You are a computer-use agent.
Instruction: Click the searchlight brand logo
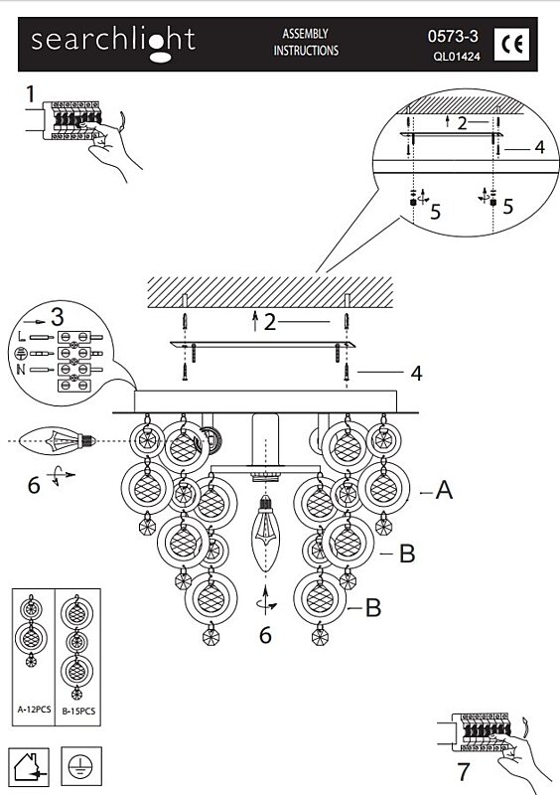(x=113, y=44)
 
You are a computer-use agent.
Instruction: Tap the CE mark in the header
(x=512, y=45)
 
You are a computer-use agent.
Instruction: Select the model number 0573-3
(x=453, y=37)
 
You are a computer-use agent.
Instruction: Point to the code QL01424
(x=456, y=57)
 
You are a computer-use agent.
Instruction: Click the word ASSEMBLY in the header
(x=305, y=34)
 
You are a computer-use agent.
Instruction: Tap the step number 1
(x=31, y=94)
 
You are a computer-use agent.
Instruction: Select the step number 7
(x=464, y=772)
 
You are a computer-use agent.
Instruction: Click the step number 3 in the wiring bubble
(x=58, y=317)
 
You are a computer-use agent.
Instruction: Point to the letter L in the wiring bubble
(x=21, y=337)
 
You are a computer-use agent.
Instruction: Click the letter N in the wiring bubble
(x=21, y=369)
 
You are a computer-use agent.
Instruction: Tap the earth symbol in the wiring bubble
(x=21, y=354)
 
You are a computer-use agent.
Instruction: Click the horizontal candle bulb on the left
(x=58, y=440)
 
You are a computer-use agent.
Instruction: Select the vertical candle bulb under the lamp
(x=265, y=534)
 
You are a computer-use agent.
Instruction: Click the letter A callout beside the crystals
(x=445, y=490)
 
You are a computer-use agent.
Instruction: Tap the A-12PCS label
(x=34, y=710)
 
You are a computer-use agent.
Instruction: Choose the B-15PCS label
(x=78, y=711)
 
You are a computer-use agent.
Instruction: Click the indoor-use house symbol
(x=29, y=767)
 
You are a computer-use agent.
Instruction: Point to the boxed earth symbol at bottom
(x=81, y=766)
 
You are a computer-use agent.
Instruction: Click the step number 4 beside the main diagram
(x=416, y=374)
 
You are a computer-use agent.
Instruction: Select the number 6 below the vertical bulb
(x=265, y=635)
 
